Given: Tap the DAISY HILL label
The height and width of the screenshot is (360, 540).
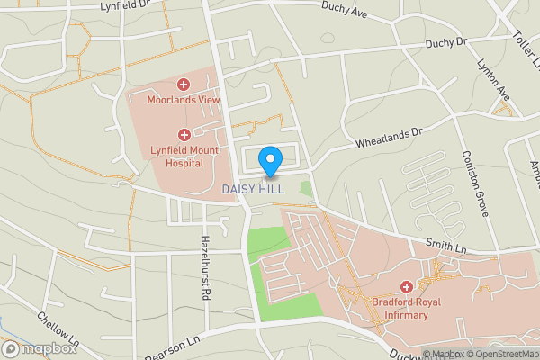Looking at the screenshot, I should (x=253, y=189).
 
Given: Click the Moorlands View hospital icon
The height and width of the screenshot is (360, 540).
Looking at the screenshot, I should (x=184, y=84).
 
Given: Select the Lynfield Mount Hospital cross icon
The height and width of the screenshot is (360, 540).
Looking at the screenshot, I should (x=184, y=134).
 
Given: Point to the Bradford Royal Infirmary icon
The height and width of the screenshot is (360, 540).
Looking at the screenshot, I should (x=406, y=286).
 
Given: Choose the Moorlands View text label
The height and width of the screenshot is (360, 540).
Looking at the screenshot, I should (x=184, y=99).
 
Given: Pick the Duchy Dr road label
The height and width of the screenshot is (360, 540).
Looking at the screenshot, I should (x=446, y=40).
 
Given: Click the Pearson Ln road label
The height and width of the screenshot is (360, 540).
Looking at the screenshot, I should (x=169, y=346).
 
